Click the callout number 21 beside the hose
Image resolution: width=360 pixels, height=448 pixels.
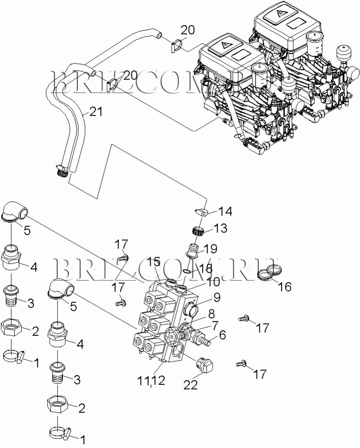96,111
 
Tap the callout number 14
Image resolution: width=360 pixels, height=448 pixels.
224,211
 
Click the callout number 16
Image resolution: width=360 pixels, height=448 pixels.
284,287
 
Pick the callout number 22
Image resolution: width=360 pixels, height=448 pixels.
191,385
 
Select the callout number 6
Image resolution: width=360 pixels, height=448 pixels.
222,335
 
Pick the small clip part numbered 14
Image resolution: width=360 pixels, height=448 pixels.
202,212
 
